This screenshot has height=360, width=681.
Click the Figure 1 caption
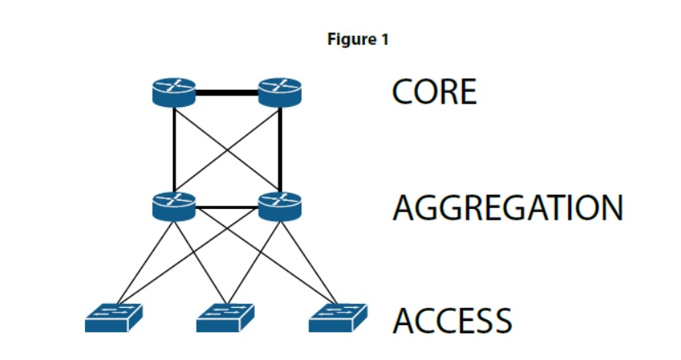(x=358, y=39)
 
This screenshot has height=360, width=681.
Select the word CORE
(x=434, y=92)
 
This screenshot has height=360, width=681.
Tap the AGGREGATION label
(x=507, y=209)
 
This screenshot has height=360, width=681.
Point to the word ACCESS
(x=452, y=321)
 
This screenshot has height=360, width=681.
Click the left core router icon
(x=174, y=91)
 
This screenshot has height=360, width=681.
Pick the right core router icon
(x=280, y=91)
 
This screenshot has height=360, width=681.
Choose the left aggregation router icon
(x=174, y=206)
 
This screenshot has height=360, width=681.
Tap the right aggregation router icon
(x=280, y=206)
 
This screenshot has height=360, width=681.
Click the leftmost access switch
(x=113, y=318)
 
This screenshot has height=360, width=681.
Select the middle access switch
(x=225, y=318)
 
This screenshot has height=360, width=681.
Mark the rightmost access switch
(x=337, y=318)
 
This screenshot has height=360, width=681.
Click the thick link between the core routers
(x=227, y=91)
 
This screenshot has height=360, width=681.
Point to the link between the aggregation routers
(x=227, y=207)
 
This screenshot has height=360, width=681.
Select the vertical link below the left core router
(x=174, y=147)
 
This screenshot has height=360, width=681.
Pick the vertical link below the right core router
(x=280, y=147)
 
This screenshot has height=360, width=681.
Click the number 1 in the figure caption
(x=385, y=39)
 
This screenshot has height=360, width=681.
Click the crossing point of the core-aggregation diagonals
(x=227, y=149)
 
